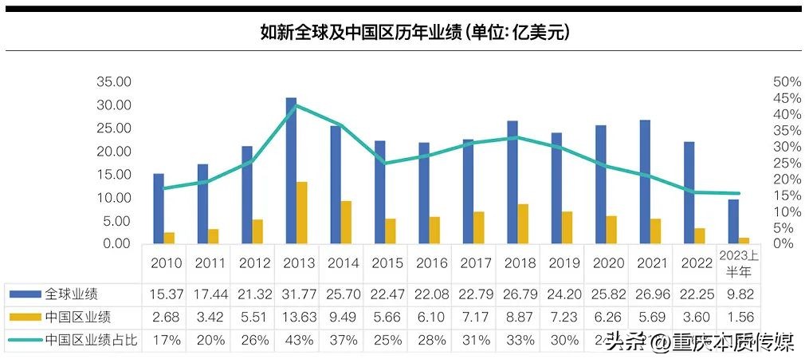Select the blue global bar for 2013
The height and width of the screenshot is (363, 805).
292,171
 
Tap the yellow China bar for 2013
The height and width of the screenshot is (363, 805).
302,212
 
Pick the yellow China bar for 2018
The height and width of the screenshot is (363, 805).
523,223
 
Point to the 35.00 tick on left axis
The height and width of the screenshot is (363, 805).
113,82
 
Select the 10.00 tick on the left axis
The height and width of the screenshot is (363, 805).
113,198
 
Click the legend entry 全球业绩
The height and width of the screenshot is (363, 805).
71,294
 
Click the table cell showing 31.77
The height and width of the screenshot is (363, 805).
298,294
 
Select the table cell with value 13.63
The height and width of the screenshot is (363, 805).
298,317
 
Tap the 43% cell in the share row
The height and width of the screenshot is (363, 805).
298,340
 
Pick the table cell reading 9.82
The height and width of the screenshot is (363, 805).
740,294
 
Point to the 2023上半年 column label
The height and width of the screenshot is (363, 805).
740,262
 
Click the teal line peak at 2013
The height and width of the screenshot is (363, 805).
296,105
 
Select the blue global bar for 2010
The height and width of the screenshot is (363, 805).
159,208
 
